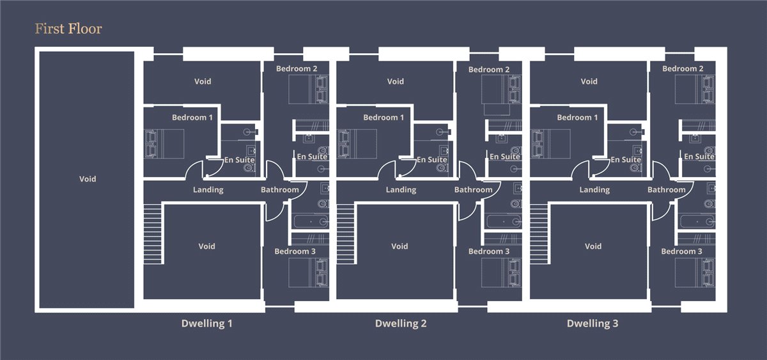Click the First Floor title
click(x=68, y=29)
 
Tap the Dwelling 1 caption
click(x=207, y=324)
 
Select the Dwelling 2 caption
click(x=401, y=324)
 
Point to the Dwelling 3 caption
click(x=593, y=324)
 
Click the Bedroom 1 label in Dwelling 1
click(x=192, y=118)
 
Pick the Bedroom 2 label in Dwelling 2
click(x=489, y=70)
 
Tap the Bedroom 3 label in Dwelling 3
click(x=681, y=251)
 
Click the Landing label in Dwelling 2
click(x=401, y=190)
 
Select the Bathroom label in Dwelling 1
click(x=280, y=190)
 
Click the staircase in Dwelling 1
click(x=152, y=234)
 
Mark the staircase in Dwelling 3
click(x=539, y=234)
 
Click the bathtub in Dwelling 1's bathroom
click(x=310, y=222)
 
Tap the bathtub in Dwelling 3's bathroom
click(x=697, y=222)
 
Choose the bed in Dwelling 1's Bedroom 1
click(x=164, y=143)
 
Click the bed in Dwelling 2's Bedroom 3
click(x=501, y=272)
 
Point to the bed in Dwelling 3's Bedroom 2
click(x=695, y=90)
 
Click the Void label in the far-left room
click(x=88, y=179)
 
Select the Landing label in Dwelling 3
click(x=594, y=190)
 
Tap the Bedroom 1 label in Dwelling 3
click(x=577, y=118)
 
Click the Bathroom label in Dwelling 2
click(x=473, y=190)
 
